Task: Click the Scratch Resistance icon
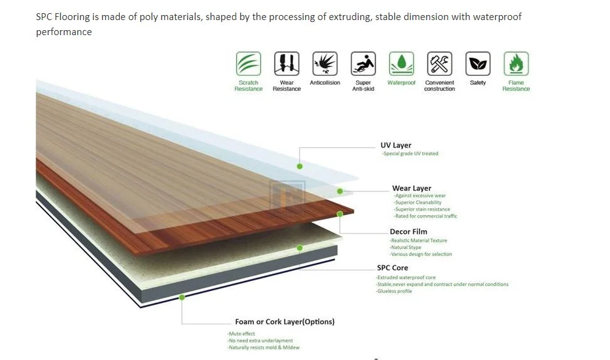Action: (248, 64)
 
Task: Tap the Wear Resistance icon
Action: (287, 64)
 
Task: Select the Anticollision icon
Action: (325, 64)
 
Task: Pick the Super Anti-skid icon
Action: (363, 64)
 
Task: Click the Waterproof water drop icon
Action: (401, 64)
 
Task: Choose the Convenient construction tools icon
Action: (439, 64)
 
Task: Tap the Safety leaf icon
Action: (478, 64)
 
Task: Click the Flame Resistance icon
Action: (516, 64)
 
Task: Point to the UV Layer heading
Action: (396, 146)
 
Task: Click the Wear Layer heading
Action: (411, 188)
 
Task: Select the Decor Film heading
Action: (408, 232)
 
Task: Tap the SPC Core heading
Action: (392, 268)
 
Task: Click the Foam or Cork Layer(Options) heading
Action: (285, 322)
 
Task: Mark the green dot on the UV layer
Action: (300, 166)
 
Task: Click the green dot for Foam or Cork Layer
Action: (182, 297)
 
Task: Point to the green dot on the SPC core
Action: (300, 248)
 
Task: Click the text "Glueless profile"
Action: (394, 291)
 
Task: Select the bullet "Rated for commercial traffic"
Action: (426, 216)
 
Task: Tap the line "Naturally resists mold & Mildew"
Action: (263, 347)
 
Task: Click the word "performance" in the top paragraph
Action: (64, 32)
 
